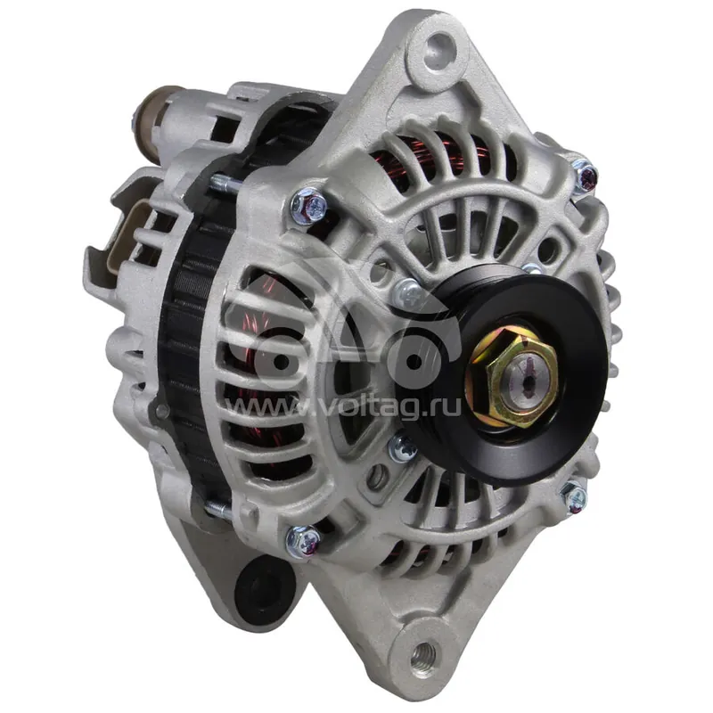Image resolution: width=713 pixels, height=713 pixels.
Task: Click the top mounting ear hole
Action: (439, 49)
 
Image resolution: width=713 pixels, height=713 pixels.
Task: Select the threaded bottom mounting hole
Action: (423, 655)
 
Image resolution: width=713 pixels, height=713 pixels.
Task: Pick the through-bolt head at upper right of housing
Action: (585, 175)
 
